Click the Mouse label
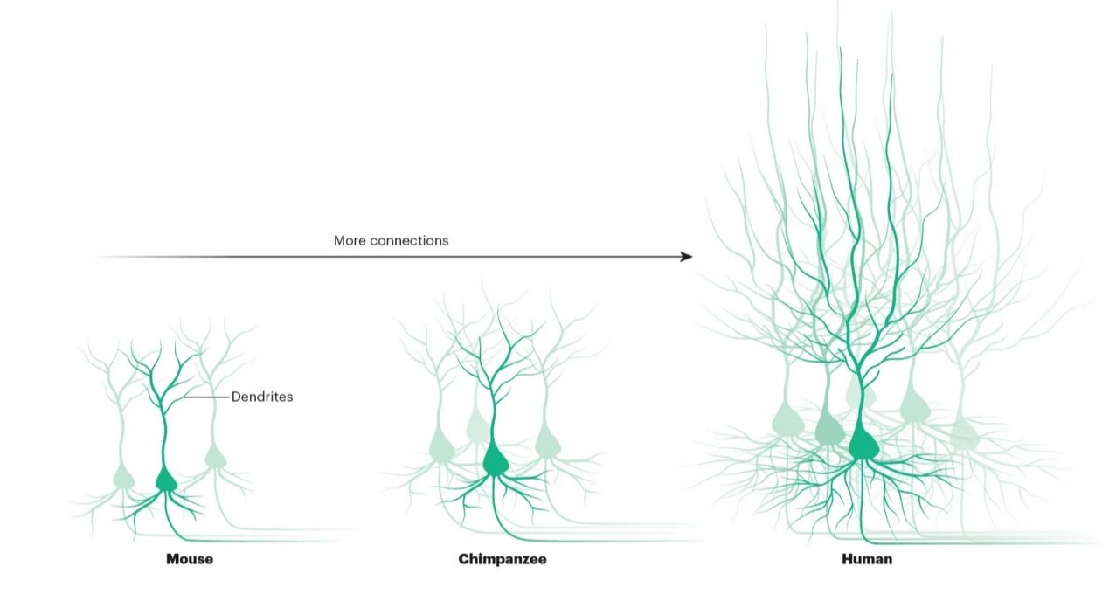[x=190, y=559]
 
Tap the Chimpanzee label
[x=503, y=559]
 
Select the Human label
[x=867, y=559]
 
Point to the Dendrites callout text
[x=262, y=397]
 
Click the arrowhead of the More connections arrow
[x=686, y=257]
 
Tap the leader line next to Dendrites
[x=207, y=397]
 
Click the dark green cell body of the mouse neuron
[x=165, y=480]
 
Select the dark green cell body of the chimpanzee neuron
[x=496, y=459]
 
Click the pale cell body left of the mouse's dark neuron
[x=124, y=477]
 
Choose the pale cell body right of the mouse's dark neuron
[x=214, y=456]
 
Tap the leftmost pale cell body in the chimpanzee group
[x=442, y=448]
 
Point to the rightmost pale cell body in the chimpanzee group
[x=547, y=442]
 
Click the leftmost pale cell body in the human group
[x=787, y=424]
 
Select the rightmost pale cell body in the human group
[x=964, y=432]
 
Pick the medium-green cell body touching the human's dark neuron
[x=829, y=428]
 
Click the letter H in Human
[x=847, y=559]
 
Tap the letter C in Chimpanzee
[x=463, y=559]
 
